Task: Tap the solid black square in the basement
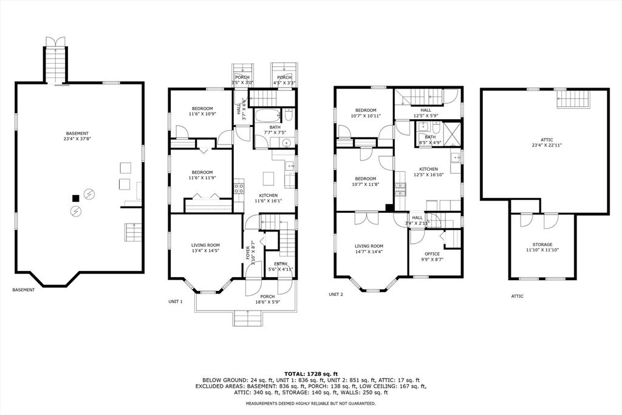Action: pos(75,197)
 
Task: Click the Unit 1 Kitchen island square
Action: pos(268,178)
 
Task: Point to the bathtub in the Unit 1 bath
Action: pos(268,117)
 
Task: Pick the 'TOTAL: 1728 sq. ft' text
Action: pos(310,373)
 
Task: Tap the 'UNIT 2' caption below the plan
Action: pos(337,294)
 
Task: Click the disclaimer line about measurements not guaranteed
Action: pos(310,403)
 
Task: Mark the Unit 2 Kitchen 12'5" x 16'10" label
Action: pos(428,172)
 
